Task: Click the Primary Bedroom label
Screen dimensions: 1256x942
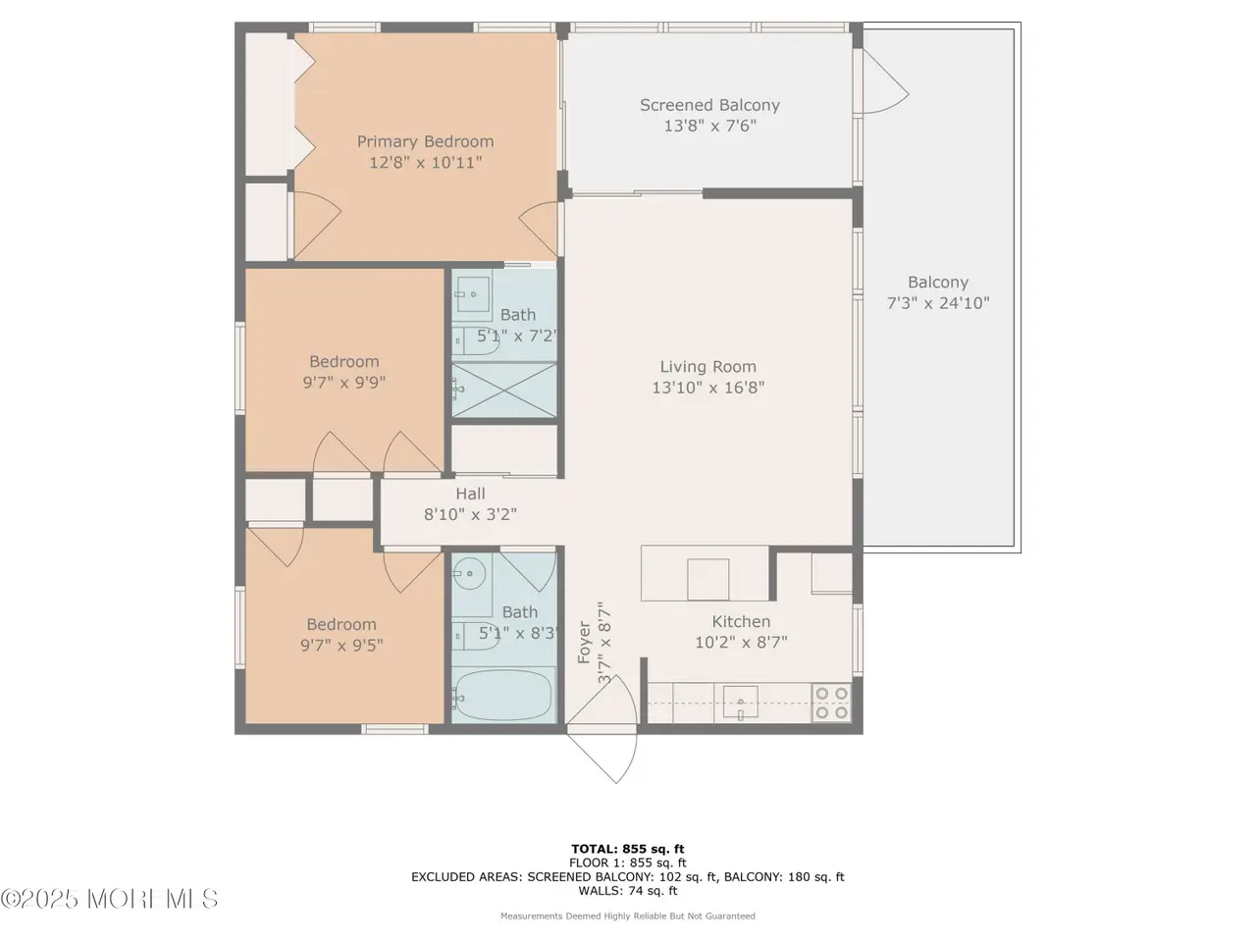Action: [425, 141]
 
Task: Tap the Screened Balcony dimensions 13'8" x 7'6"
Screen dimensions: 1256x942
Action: [709, 126]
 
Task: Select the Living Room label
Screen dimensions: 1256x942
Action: [707, 367]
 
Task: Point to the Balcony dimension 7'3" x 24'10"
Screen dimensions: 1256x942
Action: [938, 303]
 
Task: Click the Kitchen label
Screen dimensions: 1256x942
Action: [741, 622]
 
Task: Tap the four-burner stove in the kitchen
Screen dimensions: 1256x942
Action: [831, 703]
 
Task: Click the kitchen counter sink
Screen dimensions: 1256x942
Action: [741, 703]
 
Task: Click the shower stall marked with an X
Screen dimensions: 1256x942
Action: [504, 390]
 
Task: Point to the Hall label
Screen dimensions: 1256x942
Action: [470, 494]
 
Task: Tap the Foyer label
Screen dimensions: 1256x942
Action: [584, 643]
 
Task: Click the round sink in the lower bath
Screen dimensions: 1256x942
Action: [471, 573]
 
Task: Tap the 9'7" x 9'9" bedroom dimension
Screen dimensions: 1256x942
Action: [343, 382]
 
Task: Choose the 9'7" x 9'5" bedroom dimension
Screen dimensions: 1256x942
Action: [341, 645]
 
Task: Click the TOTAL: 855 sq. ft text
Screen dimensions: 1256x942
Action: [628, 850]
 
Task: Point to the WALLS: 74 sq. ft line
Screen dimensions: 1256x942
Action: [628, 891]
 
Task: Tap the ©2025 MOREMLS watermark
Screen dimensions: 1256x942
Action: [109, 900]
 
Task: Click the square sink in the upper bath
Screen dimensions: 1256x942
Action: [473, 294]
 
